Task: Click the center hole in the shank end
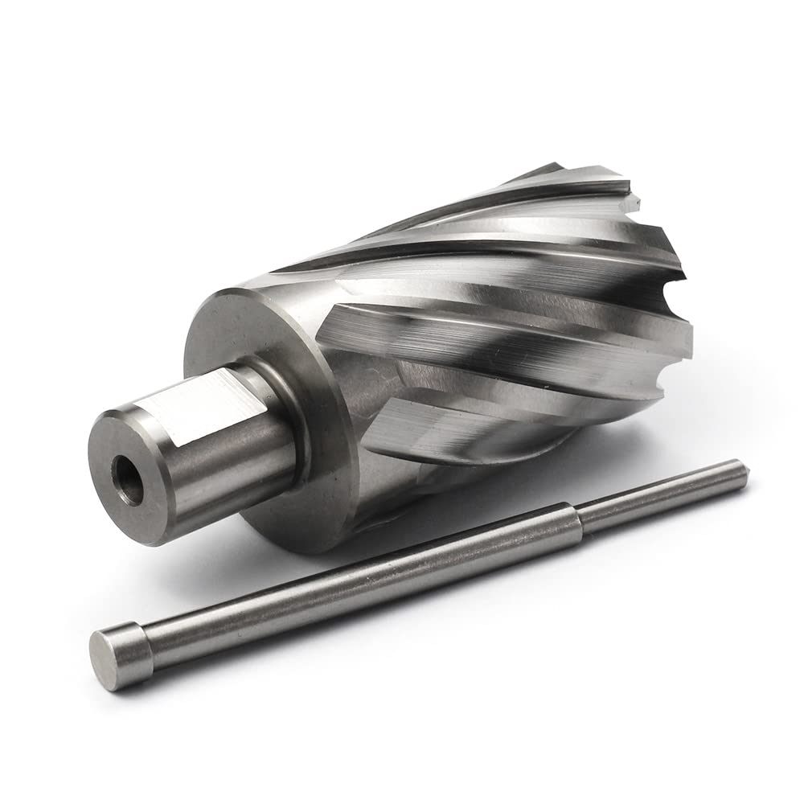point(128,481)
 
